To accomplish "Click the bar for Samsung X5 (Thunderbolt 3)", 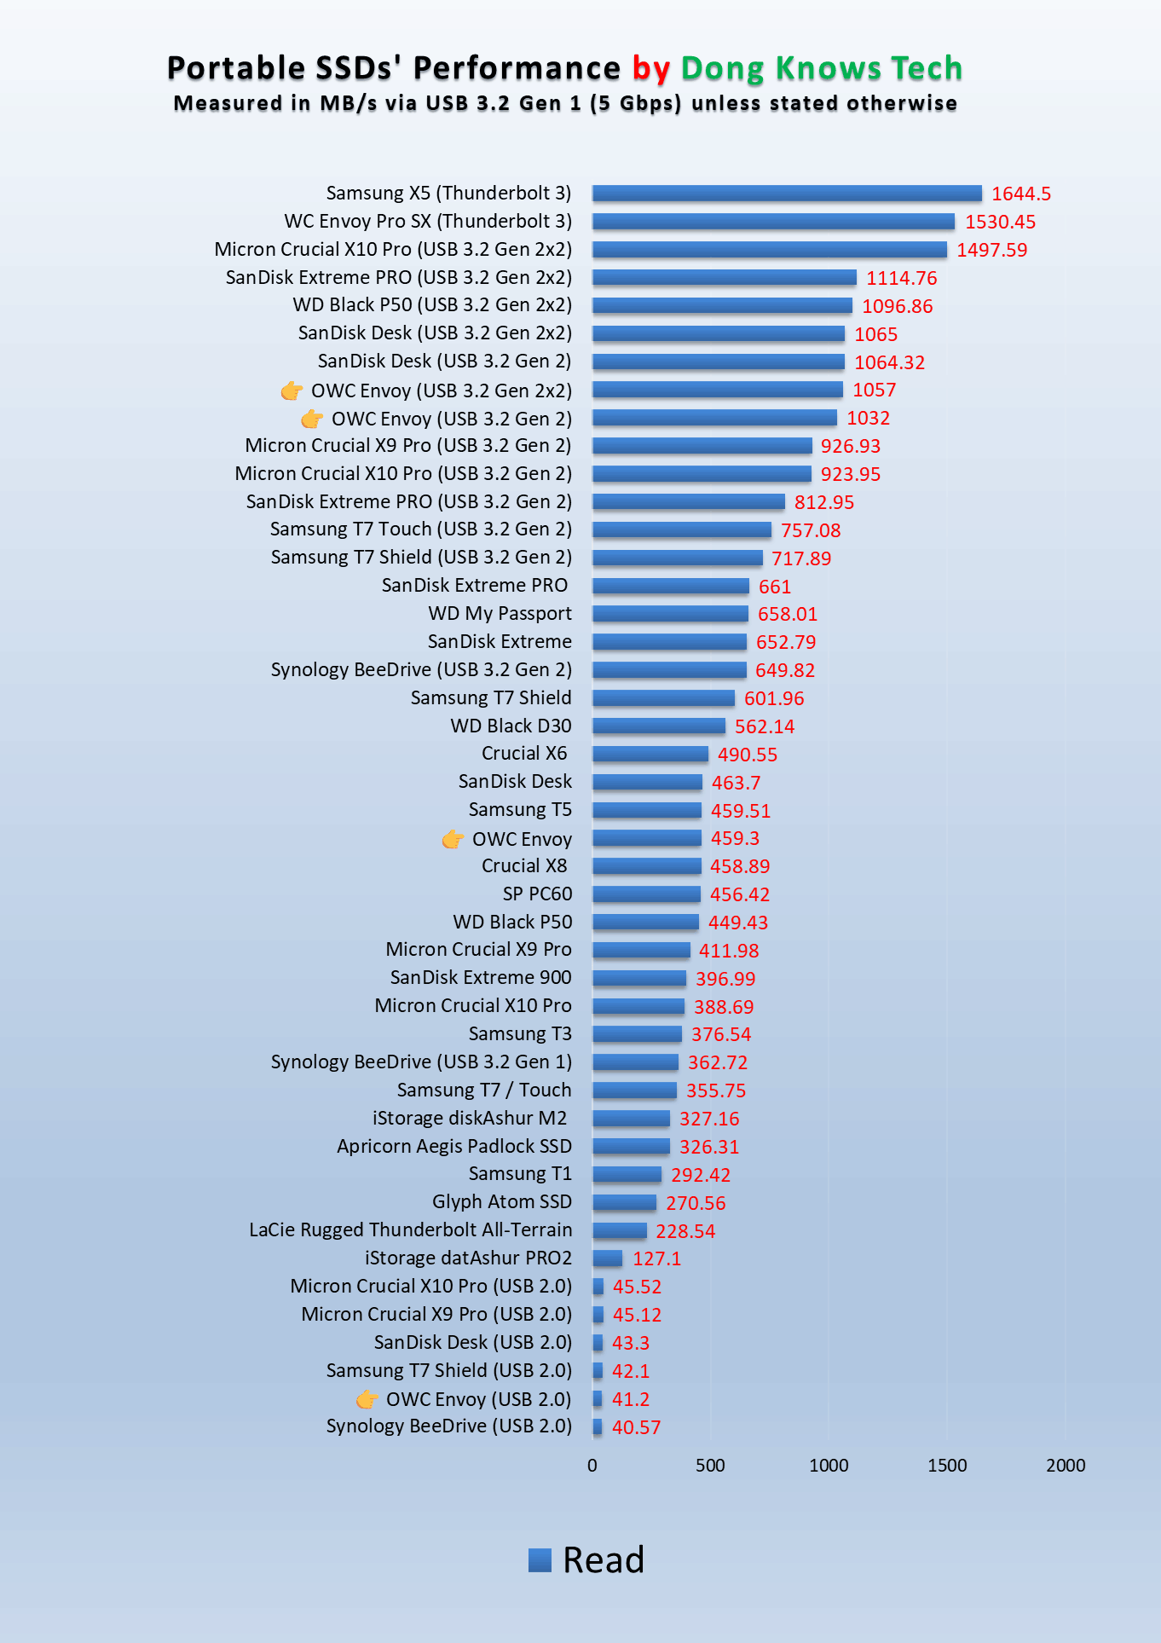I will pyautogui.click(x=787, y=194).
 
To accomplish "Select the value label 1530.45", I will pyautogui.click(x=1000, y=222).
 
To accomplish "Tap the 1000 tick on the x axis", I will pyautogui.click(x=829, y=1465).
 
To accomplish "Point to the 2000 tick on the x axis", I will pyautogui.click(x=1066, y=1465).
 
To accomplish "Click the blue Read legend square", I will pyautogui.click(x=540, y=1559).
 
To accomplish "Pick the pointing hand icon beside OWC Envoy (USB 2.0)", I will pyautogui.click(x=367, y=1399).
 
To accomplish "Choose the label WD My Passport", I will pyautogui.click(x=500, y=614).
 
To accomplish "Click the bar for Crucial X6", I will pyautogui.click(x=650, y=754).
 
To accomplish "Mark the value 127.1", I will pyautogui.click(x=656, y=1258).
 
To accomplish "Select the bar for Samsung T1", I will pyautogui.click(x=627, y=1174).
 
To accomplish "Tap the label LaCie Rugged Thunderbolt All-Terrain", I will pyautogui.click(x=410, y=1230).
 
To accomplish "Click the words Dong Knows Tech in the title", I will pyautogui.click(x=821, y=68).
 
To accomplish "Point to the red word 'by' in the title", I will pyautogui.click(x=650, y=68).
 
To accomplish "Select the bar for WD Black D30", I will pyautogui.click(x=659, y=726).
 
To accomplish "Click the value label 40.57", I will pyautogui.click(x=636, y=1427).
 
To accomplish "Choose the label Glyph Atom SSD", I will pyautogui.click(x=501, y=1202).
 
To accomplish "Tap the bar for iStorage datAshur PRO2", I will pyautogui.click(x=608, y=1258).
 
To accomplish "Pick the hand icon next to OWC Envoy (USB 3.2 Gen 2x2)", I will pyautogui.click(x=292, y=391).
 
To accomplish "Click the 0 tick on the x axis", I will pyautogui.click(x=592, y=1465).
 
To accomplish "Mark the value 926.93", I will pyautogui.click(x=850, y=446).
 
